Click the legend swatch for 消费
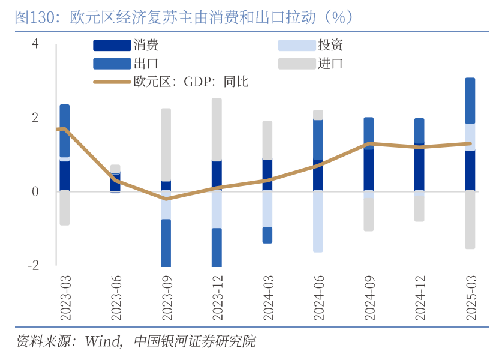point(112,45)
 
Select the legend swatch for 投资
point(297,45)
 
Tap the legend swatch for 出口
point(112,64)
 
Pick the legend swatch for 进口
point(297,64)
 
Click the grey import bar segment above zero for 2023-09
point(166,144)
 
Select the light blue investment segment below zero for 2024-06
point(318,221)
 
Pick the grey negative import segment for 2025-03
point(470,220)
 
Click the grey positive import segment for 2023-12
point(217,129)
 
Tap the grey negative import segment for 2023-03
point(65,208)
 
